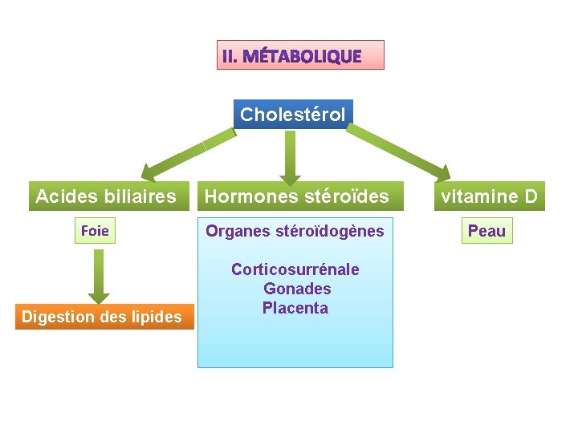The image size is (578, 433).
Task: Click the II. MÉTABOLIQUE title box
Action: tap(300, 55)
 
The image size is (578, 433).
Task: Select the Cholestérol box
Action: tap(293, 115)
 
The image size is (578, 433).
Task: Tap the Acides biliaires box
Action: tap(106, 196)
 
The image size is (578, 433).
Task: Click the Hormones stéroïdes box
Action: tap(296, 196)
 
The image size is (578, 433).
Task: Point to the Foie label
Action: tap(96, 232)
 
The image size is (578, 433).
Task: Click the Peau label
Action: tap(486, 232)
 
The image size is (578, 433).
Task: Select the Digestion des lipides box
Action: tap(102, 317)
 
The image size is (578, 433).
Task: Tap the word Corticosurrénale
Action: tap(295, 269)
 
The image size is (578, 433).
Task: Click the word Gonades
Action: tap(296, 289)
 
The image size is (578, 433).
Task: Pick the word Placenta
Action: tap(295, 308)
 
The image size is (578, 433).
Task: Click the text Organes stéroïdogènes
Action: tap(295, 232)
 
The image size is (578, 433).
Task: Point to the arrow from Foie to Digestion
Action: tap(99, 276)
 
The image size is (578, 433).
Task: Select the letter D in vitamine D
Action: tap(530, 196)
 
